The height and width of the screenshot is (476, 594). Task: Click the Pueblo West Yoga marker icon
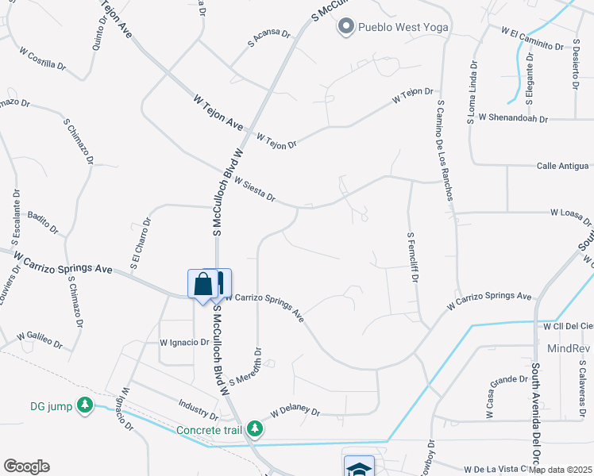[345, 28]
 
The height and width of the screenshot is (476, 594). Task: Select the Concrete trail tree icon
[254, 429]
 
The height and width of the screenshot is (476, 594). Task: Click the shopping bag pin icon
[202, 284]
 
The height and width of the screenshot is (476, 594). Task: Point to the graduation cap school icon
[358, 468]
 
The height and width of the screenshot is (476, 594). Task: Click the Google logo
[26, 466]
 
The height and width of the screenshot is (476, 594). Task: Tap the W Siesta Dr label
[254, 190]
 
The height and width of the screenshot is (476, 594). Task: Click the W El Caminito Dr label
[531, 39]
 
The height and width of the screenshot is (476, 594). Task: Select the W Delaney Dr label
[295, 413]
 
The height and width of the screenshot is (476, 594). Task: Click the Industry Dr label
[199, 409]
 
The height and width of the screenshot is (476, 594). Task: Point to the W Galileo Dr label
[39, 340]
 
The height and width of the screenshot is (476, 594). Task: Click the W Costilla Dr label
[44, 59]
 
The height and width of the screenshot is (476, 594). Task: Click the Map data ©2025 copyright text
[561, 470]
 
